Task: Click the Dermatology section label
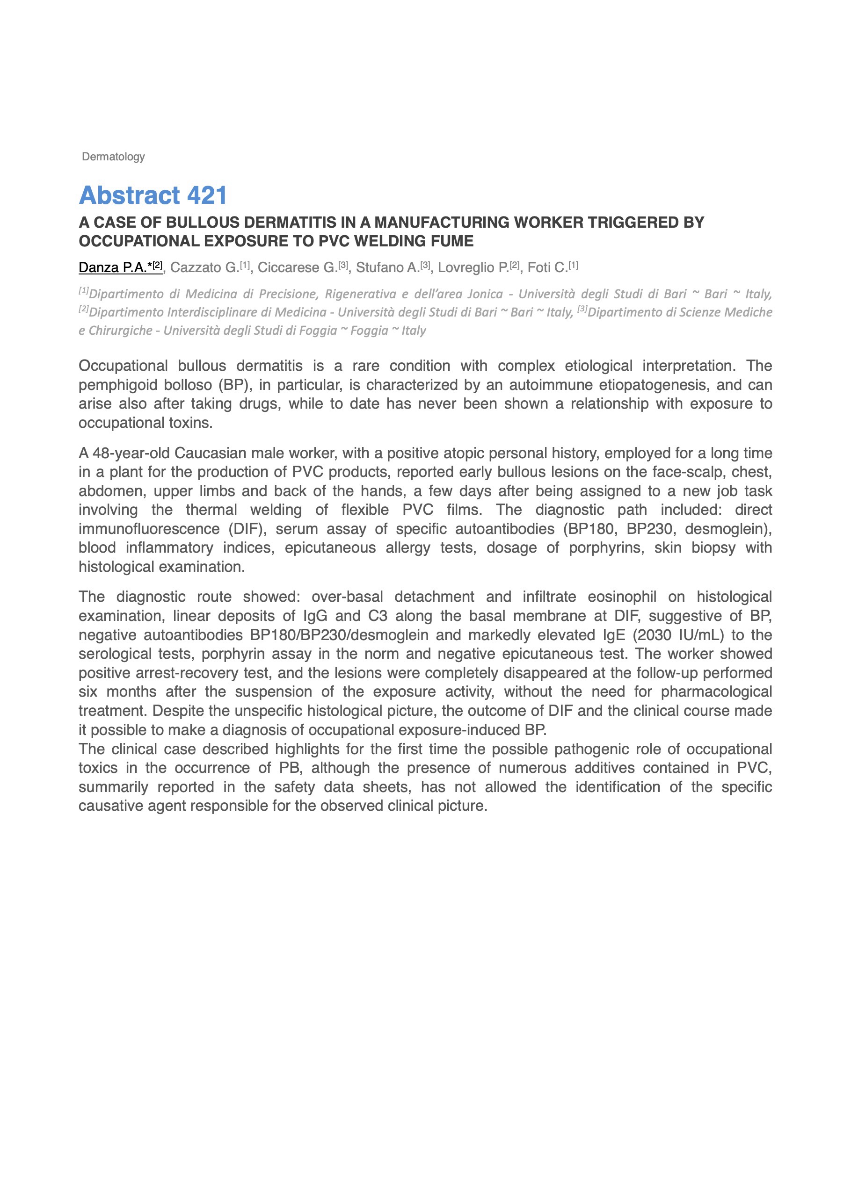[x=113, y=157]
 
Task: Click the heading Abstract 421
[x=153, y=195]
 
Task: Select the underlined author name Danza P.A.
[x=112, y=268]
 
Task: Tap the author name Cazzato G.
[x=204, y=268]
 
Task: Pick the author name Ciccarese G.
[x=297, y=268]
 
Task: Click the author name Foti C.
[x=547, y=268]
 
